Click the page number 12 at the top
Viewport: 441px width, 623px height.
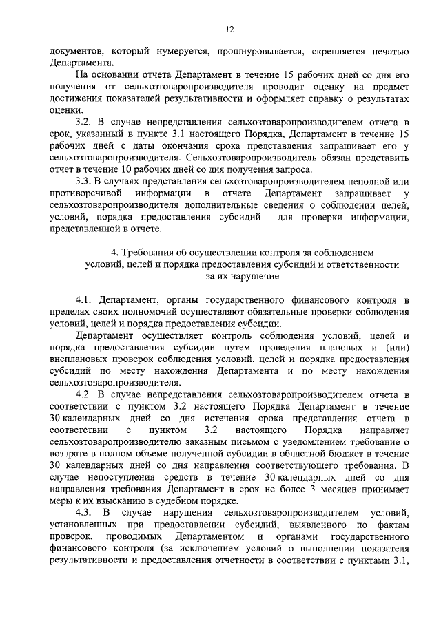pyautogui.click(x=229, y=29)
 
